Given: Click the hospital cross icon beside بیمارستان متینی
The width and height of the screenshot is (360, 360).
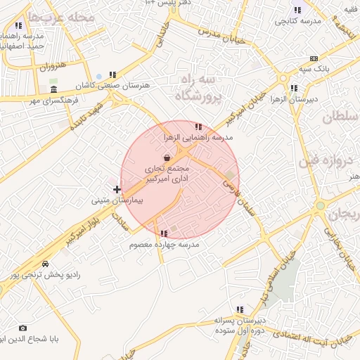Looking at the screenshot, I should pos(117,189).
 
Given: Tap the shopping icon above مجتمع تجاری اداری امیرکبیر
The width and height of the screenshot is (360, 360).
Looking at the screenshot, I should pos(166,159).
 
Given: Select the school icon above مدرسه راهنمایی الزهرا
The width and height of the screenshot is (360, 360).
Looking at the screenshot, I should pos(198,127).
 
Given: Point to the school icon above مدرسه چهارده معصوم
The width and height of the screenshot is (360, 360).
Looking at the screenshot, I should pos(164,233).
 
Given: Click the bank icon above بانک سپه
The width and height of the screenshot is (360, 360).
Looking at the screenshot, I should pos(314,58).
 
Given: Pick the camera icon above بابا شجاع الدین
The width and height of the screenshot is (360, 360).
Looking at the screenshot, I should pos(22,328).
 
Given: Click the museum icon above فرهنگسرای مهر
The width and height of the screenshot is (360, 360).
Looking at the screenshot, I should pos(54,90).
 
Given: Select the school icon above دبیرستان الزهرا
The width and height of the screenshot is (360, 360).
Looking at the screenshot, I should pos(293,89).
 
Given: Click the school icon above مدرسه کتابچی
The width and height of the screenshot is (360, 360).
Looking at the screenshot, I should pos(297,11).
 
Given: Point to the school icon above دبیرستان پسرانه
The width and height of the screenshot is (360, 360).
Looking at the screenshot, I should pos(240,309).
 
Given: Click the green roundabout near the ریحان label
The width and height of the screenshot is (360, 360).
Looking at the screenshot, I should pos(320,205).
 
